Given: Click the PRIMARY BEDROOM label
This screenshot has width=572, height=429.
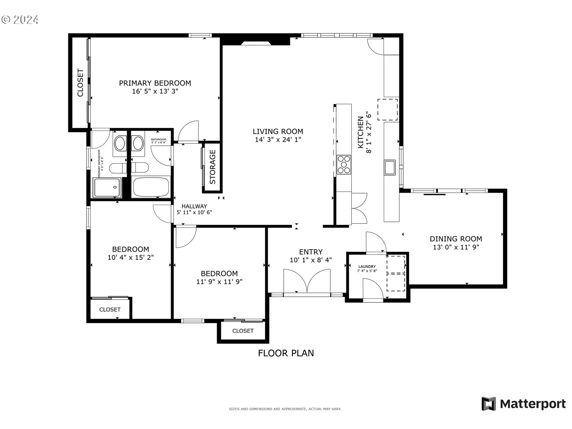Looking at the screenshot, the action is (x=155, y=83).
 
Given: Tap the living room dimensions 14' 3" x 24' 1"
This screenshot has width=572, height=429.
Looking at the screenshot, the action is (x=278, y=139).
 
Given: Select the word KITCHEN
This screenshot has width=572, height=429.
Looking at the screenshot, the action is (x=360, y=132).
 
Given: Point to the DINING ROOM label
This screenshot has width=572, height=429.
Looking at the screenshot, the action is (x=456, y=239).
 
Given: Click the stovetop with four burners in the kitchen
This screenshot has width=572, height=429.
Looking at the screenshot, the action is (x=344, y=164).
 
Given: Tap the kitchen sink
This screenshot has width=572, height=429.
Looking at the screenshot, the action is (x=390, y=167).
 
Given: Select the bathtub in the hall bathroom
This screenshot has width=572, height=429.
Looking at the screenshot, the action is (x=151, y=187).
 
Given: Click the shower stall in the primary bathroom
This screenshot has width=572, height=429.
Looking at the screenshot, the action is (x=107, y=187).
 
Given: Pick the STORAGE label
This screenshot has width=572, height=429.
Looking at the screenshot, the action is (x=212, y=167).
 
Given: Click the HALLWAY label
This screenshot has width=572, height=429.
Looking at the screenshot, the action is (x=194, y=206).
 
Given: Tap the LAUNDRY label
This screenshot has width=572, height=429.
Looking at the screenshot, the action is (x=367, y=266).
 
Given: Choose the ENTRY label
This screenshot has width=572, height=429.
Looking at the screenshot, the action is (x=311, y=252).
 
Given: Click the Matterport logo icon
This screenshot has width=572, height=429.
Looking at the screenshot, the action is (x=489, y=404).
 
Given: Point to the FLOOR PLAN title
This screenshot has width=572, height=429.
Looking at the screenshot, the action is (x=286, y=353).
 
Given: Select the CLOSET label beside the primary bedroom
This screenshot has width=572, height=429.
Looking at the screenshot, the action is (x=80, y=83).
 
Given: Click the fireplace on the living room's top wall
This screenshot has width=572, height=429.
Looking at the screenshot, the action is (x=256, y=43).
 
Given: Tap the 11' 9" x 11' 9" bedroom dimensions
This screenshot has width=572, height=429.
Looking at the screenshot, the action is (x=219, y=282).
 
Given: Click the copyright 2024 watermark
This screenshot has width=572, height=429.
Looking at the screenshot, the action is (x=20, y=20).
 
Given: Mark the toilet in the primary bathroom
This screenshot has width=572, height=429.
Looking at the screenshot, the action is (x=118, y=168).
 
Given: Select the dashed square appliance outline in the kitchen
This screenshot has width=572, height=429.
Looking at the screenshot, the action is (x=388, y=110).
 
